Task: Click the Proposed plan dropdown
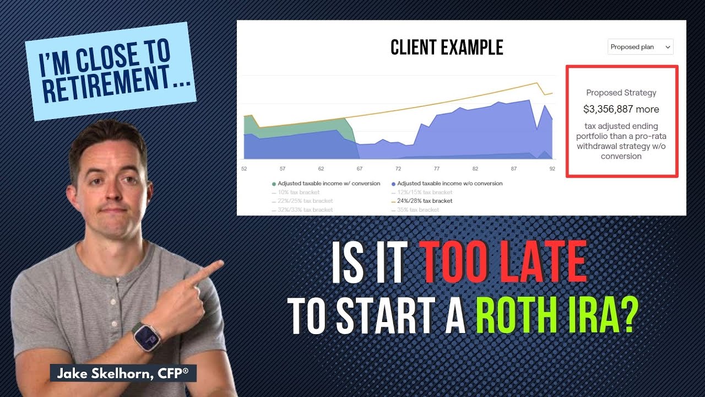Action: [x=641, y=47]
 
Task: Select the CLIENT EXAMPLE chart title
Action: [x=447, y=48]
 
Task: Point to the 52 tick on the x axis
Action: [x=244, y=169]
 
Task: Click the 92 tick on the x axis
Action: [x=552, y=169]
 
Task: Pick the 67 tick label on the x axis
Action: [x=360, y=169]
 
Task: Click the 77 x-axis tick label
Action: [x=437, y=169]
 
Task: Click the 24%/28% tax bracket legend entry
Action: [x=424, y=201]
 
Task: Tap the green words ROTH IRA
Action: [x=554, y=316]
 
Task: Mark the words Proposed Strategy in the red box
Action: [x=621, y=93]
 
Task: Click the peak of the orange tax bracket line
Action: [x=536, y=83]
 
